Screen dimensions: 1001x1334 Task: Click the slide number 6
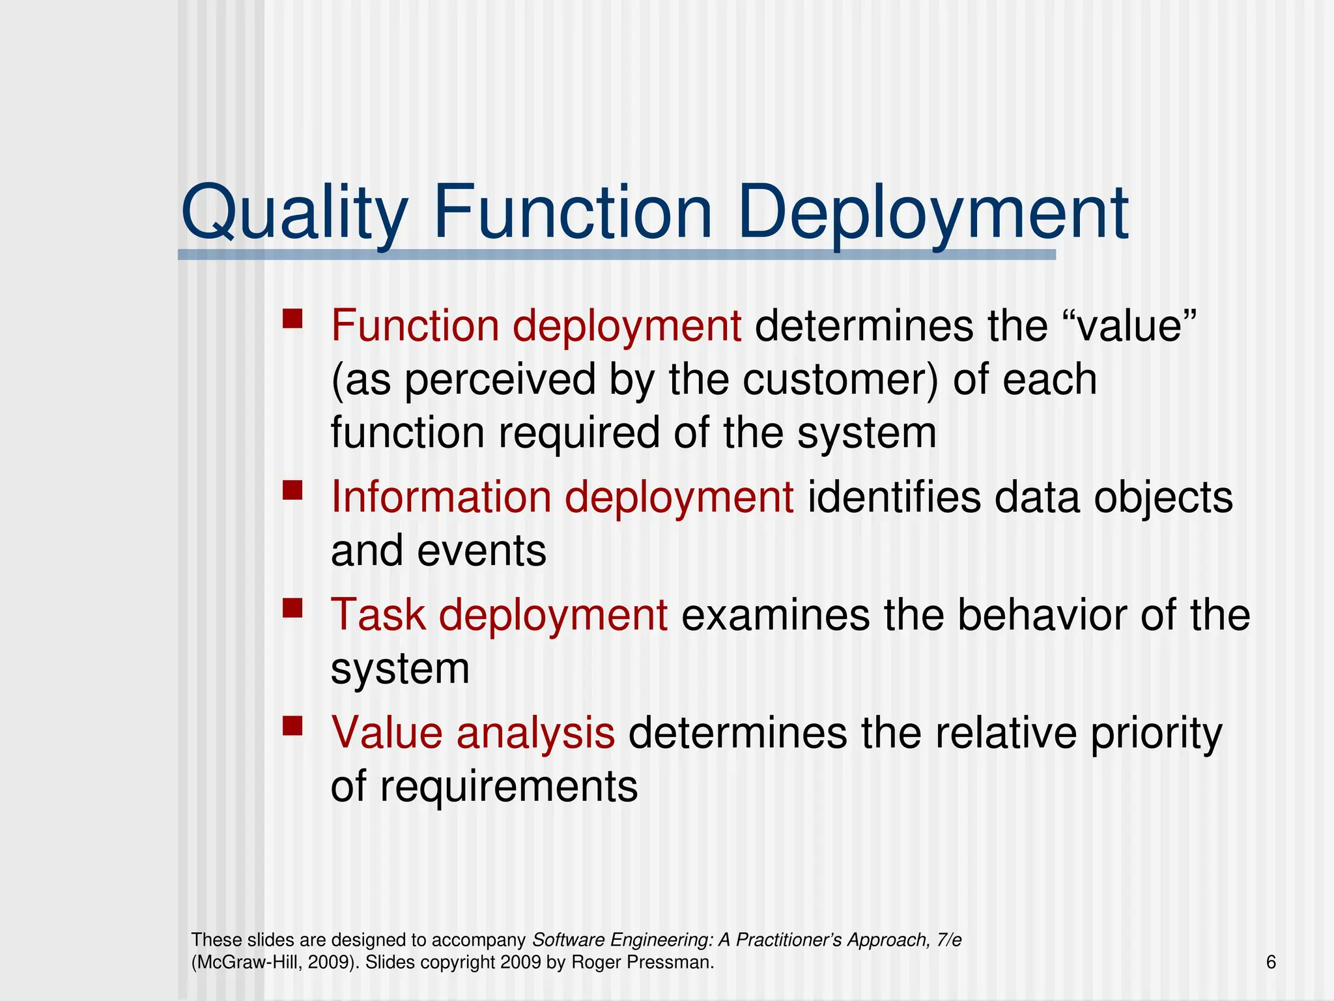(x=1271, y=962)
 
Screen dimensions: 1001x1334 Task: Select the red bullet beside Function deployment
(x=292, y=319)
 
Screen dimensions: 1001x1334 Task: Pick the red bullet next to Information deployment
(x=292, y=490)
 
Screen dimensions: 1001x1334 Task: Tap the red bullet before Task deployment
(x=292, y=609)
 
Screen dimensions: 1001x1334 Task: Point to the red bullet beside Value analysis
(x=292, y=726)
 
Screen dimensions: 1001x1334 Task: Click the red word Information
(x=440, y=497)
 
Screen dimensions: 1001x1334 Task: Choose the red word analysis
(x=535, y=733)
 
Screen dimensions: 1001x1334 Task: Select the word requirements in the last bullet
(x=509, y=787)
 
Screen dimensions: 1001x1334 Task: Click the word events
(x=481, y=551)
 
